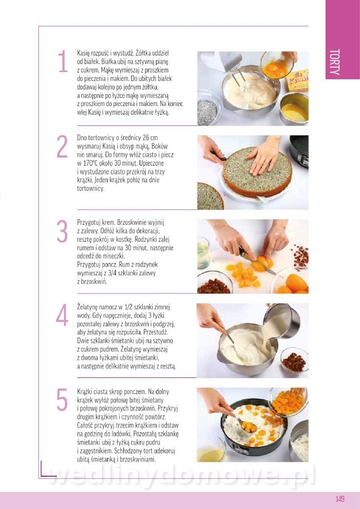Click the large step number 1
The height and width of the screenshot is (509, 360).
pyautogui.click(x=63, y=61)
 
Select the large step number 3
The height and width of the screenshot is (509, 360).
pyautogui.click(x=62, y=231)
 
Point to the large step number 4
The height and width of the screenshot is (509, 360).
pyautogui.click(x=62, y=315)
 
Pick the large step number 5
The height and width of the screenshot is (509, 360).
pyautogui.click(x=62, y=400)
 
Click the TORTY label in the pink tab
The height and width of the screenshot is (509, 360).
pyautogui.click(x=335, y=62)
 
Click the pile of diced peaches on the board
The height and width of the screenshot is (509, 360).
pyautogui.click(x=244, y=274)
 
